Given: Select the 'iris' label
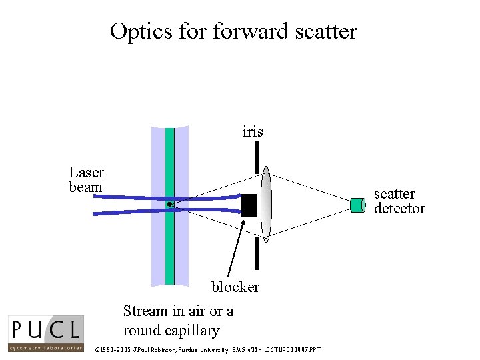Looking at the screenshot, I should point(253,132).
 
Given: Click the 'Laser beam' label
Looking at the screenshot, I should point(86,180).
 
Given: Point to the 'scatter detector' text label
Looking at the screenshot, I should point(399,201).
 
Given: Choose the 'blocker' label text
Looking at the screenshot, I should point(235,287).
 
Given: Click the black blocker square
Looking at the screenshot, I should point(249,205).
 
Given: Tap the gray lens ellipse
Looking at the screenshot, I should point(266,203).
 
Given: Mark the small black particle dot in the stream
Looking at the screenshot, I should point(170,204).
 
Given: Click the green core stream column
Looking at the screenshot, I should point(169,253).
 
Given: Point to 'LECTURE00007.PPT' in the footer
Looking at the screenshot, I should point(293,350).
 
